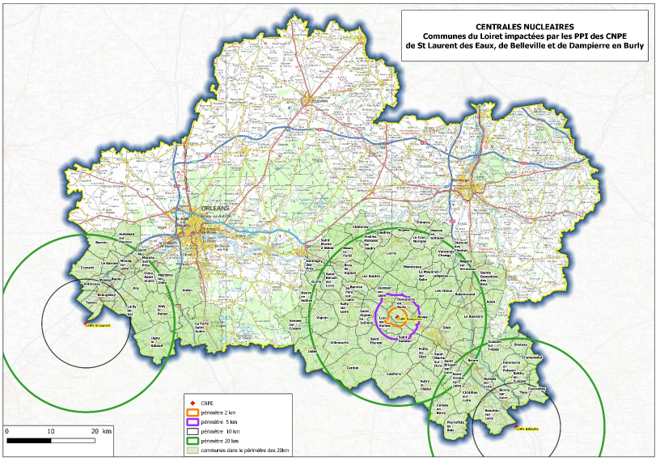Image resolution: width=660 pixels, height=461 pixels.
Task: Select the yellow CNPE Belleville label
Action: pyautogui.click(x=527, y=429)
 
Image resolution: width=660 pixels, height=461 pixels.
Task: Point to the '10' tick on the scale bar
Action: pyautogui.click(x=51, y=431)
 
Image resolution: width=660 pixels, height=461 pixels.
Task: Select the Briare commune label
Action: pyautogui.click(x=474, y=363)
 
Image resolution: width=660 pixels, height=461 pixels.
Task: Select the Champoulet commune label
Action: pyautogui.click(x=531, y=357)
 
